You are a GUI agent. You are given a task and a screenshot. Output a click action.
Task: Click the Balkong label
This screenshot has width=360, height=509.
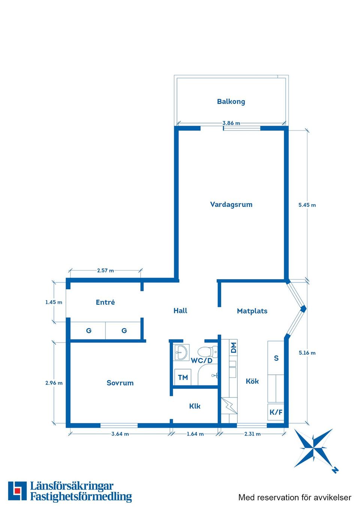pos(231,102)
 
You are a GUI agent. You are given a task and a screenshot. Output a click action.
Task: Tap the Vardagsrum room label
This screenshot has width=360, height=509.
pos(231,205)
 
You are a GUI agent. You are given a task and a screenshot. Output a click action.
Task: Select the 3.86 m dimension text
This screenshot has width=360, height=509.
pos(231,123)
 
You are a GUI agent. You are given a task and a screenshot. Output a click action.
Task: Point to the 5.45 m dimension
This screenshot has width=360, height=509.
pos(307,205)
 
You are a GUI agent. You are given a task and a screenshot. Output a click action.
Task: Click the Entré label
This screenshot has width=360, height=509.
pos(105,302)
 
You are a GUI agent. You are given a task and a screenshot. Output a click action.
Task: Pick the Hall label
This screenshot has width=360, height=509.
pos(180,311)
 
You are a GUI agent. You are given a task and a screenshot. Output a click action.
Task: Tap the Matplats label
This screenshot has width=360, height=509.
pos(252,311)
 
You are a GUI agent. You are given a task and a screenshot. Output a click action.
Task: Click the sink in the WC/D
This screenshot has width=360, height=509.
pos(181,352)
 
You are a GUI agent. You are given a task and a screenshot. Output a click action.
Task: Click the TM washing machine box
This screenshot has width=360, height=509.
pos(183,377)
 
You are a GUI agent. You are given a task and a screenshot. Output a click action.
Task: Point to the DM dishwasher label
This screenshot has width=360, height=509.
pos(234,348)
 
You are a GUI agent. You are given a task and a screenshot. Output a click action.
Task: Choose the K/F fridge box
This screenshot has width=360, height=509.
pos(276,412)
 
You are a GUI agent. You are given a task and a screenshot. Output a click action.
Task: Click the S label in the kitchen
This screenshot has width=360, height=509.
pos(276,358)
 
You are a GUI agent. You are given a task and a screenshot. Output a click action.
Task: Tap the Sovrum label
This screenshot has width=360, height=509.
pos(120,383)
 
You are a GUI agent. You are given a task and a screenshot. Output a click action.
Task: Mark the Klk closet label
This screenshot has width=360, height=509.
pos(195,406)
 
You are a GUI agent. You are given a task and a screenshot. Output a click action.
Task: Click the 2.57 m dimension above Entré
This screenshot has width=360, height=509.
pos(105,271)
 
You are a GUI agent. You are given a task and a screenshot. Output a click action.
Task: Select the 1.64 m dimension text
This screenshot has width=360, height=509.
pos(195,434)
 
